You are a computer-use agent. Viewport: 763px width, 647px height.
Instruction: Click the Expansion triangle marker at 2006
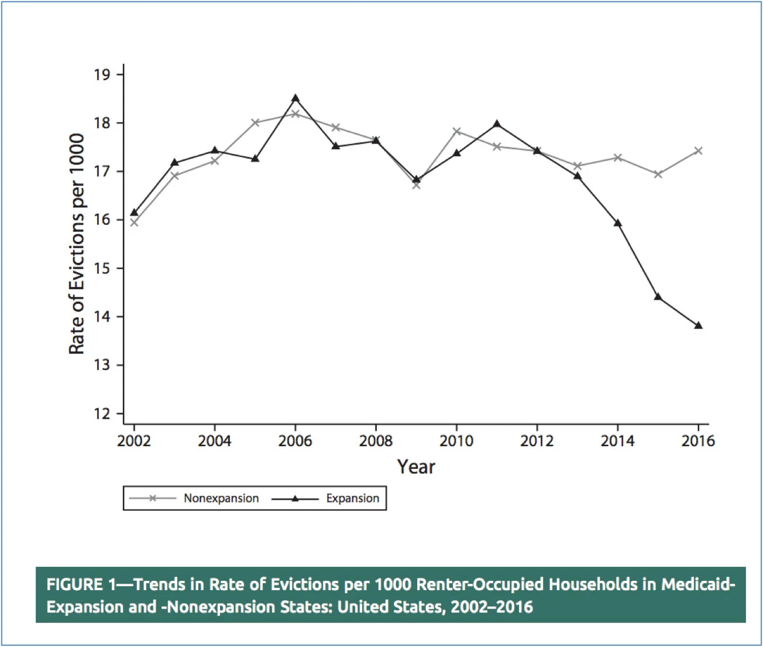[x=295, y=98]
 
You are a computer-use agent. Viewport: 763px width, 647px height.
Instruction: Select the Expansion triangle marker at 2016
[x=698, y=326]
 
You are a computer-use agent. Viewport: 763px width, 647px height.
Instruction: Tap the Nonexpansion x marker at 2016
[x=698, y=150]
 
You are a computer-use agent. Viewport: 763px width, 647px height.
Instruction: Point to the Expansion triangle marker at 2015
[x=658, y=297]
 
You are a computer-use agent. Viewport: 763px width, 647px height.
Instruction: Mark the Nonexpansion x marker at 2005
[x=255, y=122]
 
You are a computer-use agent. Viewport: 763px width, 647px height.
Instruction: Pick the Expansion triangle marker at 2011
[x=497, y=124]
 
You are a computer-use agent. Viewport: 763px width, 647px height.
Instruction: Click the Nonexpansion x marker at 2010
[x=456, y=131]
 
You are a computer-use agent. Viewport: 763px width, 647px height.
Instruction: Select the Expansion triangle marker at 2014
[x=617, y=223]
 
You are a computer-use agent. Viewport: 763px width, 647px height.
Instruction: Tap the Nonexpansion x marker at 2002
[x=134, y=222]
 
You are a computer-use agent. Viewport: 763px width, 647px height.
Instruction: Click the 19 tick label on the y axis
[x=102, y=74]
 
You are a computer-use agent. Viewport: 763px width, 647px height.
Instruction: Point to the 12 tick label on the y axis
[x=102, y=414]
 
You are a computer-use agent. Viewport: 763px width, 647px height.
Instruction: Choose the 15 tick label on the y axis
[x=102, y=269]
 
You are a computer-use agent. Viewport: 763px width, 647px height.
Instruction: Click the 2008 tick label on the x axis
[x=376, y=441]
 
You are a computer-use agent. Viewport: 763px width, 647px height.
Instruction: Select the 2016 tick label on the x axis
[x=697, y=441]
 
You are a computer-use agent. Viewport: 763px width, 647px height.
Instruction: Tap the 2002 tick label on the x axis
[x=134, y=441]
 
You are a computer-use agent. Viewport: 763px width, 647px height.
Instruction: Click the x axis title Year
[x=416, y=467]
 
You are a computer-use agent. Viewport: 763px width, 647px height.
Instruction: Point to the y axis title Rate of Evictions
[x=77, y=244]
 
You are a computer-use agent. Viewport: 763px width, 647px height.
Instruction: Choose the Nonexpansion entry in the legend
[x=221, y=498]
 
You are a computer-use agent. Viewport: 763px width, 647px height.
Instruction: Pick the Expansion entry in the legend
[x=352, y=498]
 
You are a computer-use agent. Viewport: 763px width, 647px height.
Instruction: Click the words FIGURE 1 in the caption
[x=82, y=584]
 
